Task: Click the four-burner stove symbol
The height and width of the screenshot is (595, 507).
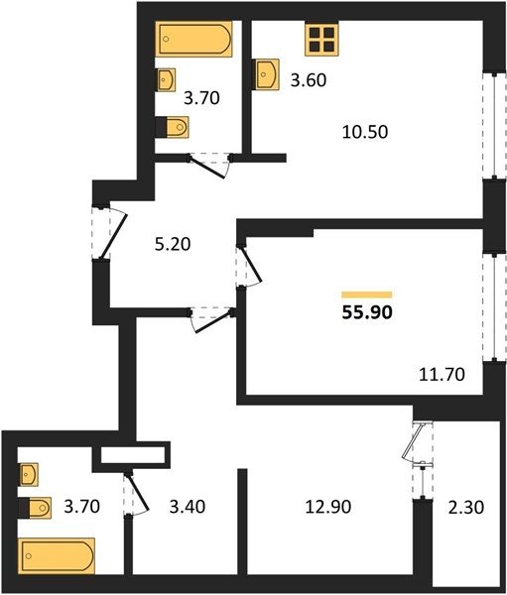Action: point(321,40)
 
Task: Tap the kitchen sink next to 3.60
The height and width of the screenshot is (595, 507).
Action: point(266,74)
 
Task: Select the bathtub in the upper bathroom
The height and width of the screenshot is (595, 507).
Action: point(193,39)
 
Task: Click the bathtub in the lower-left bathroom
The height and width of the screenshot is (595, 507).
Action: point(57,556)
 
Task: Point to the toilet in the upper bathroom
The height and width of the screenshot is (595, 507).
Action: point(172,127)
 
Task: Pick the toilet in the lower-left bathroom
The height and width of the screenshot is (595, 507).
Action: point(35,508)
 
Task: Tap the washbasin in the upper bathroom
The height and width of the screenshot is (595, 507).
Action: point(166,79)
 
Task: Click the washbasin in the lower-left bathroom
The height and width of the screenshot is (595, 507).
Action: point(29,474)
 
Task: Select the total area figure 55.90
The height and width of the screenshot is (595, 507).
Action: point(367,312)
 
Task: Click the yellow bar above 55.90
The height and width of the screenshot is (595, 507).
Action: point(367,295)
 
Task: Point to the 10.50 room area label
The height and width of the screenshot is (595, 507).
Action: point(365,132)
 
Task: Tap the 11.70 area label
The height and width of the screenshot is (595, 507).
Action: point(443,375)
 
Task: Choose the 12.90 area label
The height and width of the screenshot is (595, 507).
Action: point(328,507)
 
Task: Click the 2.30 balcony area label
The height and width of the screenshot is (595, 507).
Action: point(466,508)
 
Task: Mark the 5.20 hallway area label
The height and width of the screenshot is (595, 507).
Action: point(173,244)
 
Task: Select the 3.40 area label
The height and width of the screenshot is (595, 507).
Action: point(188,507)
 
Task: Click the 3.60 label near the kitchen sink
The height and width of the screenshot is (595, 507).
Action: point(309,80)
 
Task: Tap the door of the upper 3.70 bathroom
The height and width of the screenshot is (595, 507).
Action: point(209,167)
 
